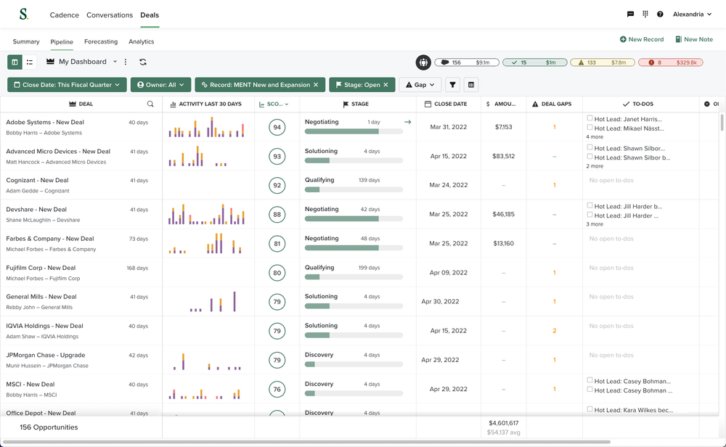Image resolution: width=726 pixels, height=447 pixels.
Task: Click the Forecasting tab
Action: [x=101, y=42]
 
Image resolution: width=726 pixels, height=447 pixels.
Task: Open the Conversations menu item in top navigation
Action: [x=110, y=15]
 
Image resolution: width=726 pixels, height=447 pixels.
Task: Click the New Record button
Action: [x=642, y=39]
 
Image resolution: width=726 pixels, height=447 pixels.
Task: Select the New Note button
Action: [x=694, y=39]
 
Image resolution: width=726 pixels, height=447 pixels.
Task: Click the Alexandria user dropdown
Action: [x=692, y=15]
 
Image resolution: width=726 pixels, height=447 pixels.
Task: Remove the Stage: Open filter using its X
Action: [x=386, y=85]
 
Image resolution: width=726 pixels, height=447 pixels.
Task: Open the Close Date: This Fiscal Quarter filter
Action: [x=67, y=85]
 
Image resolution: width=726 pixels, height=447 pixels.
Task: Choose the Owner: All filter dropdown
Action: [x=160, y=85]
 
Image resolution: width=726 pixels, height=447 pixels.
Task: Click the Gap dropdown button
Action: [x=420, y=85]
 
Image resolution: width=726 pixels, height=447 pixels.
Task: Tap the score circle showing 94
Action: [x=277, y=128]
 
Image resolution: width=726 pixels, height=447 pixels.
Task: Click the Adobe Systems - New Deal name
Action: [x=45, y=123]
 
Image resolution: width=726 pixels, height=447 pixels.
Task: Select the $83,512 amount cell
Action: [x=503, y=156]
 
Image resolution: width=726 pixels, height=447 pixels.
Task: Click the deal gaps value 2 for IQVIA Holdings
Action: [x=554, y=331]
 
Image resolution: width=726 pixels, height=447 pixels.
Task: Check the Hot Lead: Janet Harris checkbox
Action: [x=590, y=118]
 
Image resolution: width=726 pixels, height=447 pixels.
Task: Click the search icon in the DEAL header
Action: [x=150, y=104]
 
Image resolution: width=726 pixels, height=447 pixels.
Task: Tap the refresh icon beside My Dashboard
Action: [x=143, y=62]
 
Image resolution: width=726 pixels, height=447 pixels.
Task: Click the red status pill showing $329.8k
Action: [x=670, y=63]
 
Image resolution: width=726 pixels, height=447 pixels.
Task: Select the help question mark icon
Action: [x=660, y=15]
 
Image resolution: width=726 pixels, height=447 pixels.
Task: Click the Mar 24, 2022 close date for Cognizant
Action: [x=449, y=185]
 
